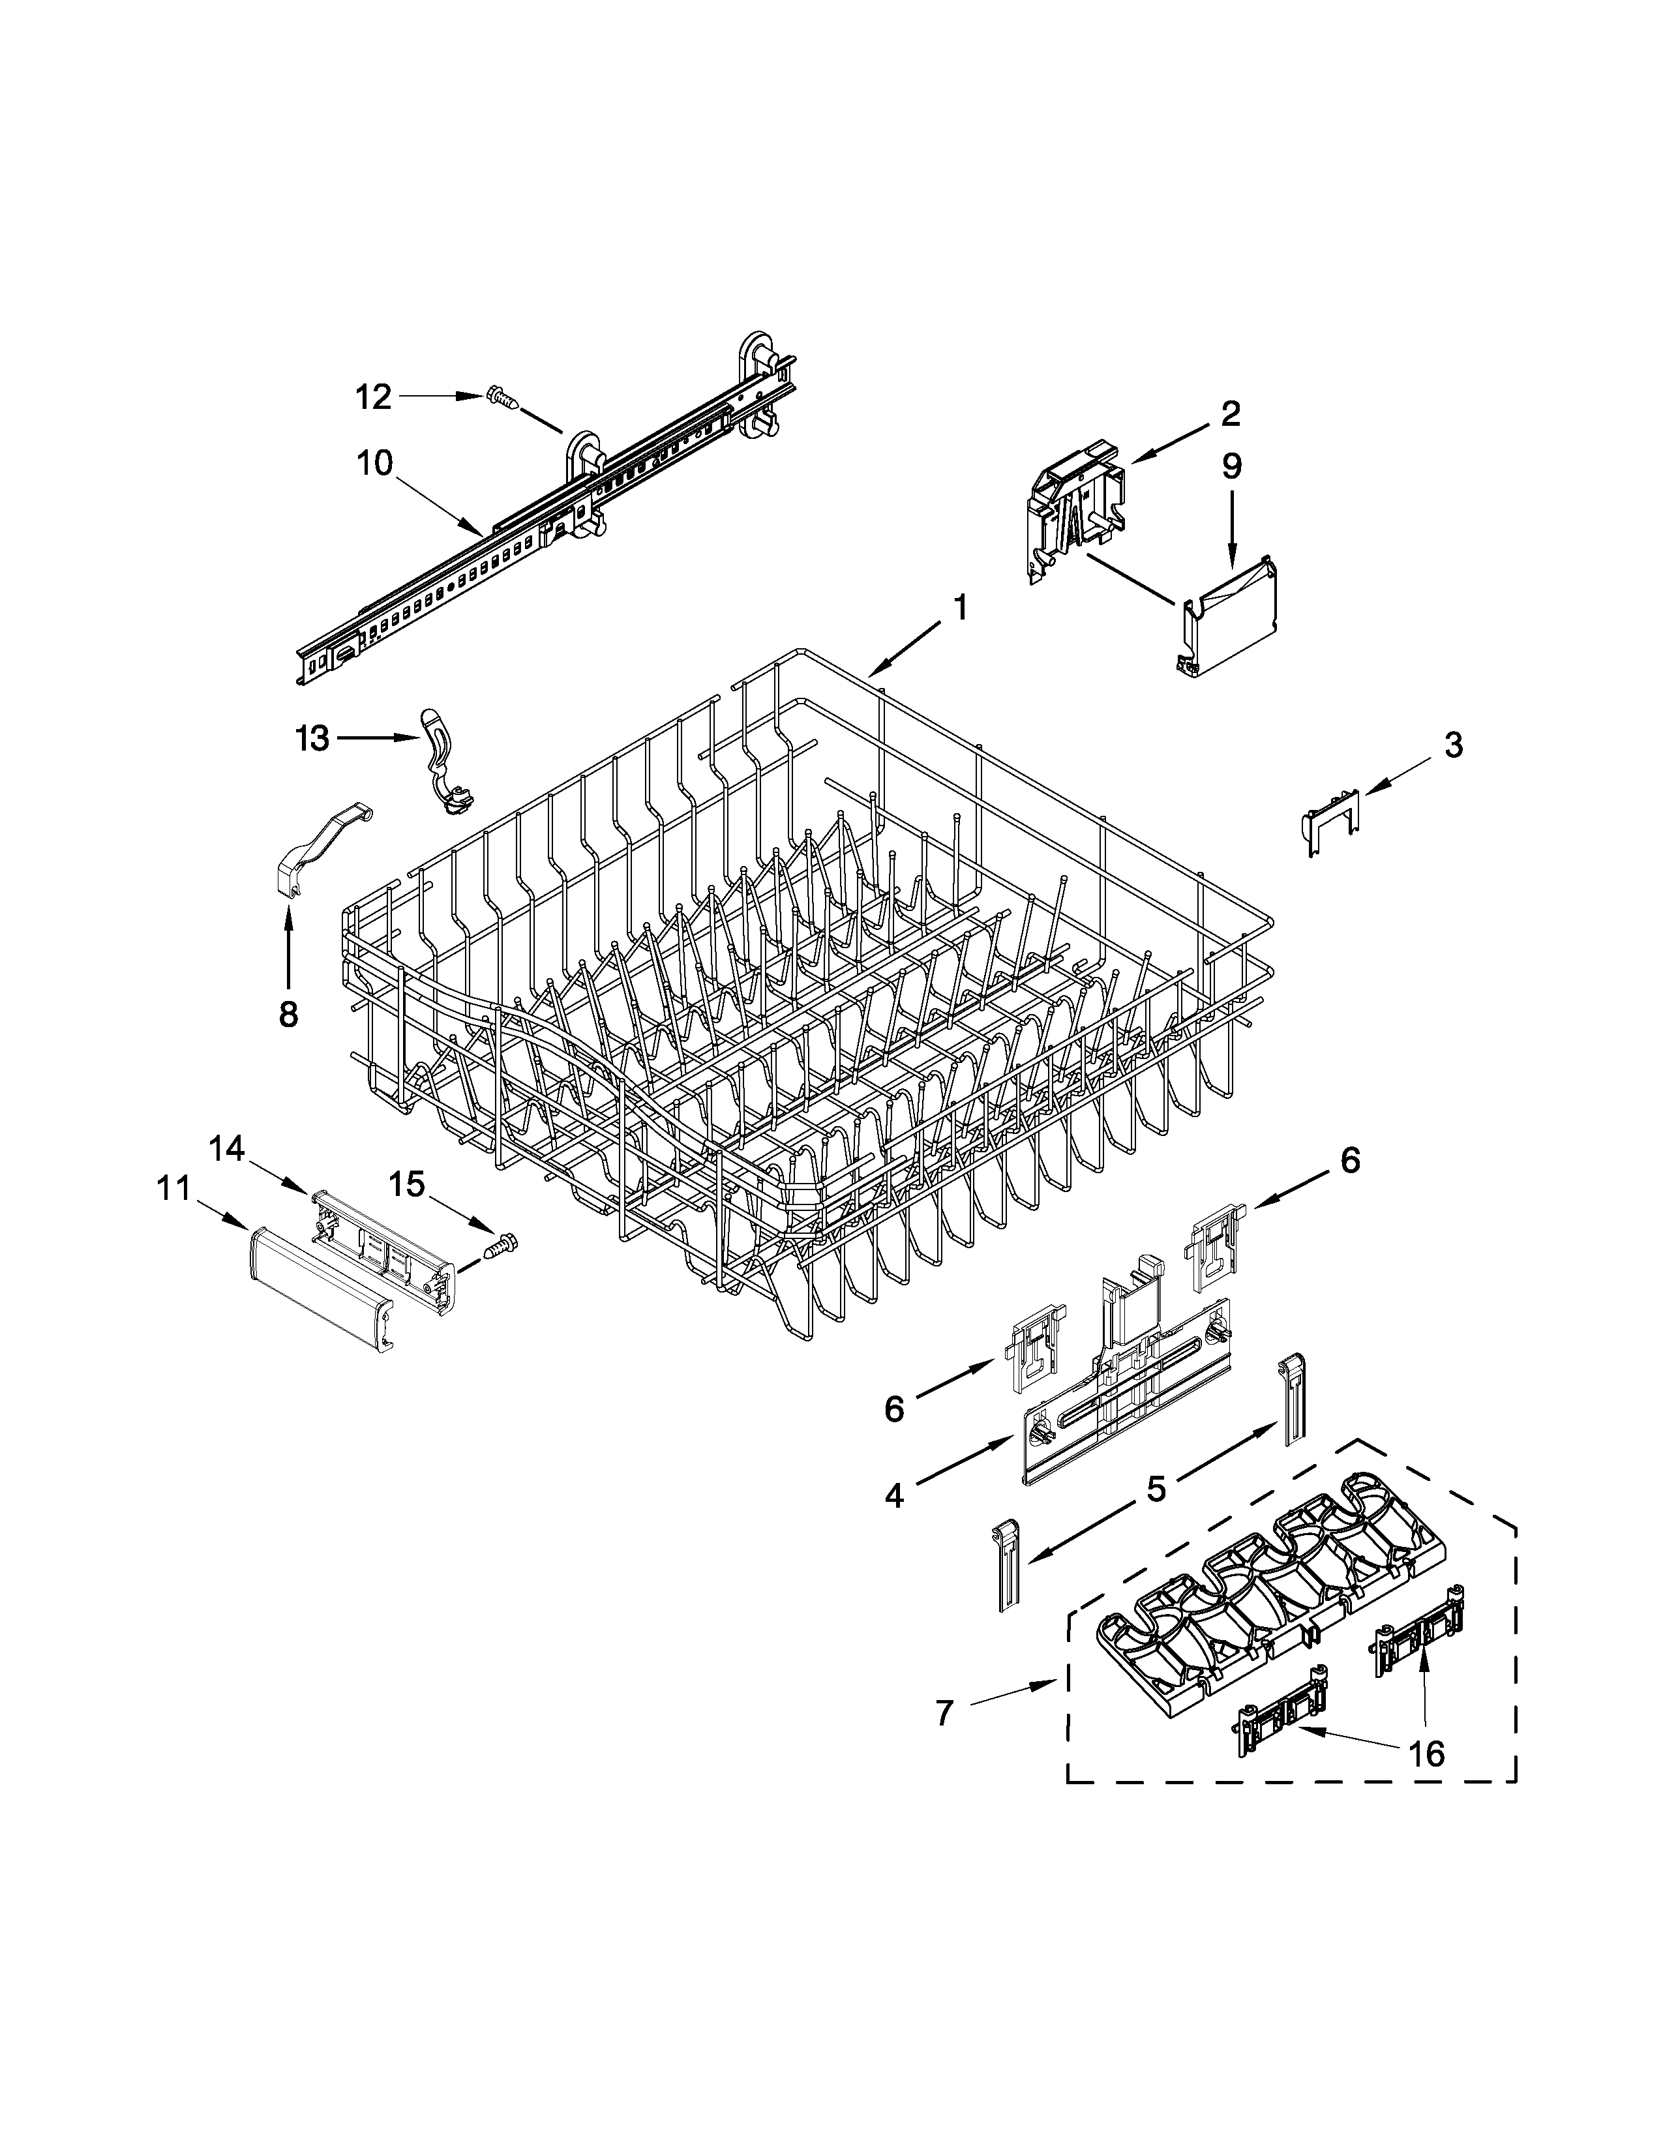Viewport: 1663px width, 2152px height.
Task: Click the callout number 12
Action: pos(374,397)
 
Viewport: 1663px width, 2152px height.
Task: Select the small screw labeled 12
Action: pos(502,399)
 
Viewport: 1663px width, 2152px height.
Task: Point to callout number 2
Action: pos(1231,414)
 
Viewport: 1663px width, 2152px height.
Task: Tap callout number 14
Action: pos(226,1148)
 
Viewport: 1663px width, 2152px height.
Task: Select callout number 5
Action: pos(1156,1489)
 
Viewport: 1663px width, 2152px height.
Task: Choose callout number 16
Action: pos(1426,1753)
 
